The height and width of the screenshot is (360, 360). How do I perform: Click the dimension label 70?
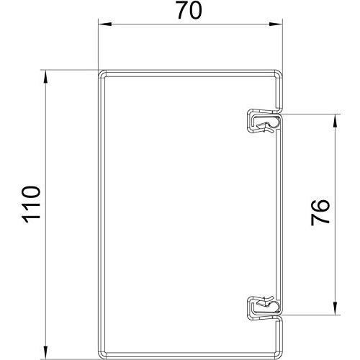(x=189, y=10)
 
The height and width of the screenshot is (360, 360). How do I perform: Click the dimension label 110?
(x=31, y=204)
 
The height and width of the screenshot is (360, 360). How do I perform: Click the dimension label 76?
(x=320, y=212)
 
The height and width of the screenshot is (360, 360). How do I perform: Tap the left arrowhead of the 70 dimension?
(x=105, y=24)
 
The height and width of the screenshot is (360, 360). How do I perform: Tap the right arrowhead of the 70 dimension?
(x=276, y=24)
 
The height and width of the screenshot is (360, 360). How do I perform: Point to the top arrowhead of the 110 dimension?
(x=45, y=77)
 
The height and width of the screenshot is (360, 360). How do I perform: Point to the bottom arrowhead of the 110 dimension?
(x=45, y=353)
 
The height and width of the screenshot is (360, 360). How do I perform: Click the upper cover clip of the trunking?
(x=264, y=121)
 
